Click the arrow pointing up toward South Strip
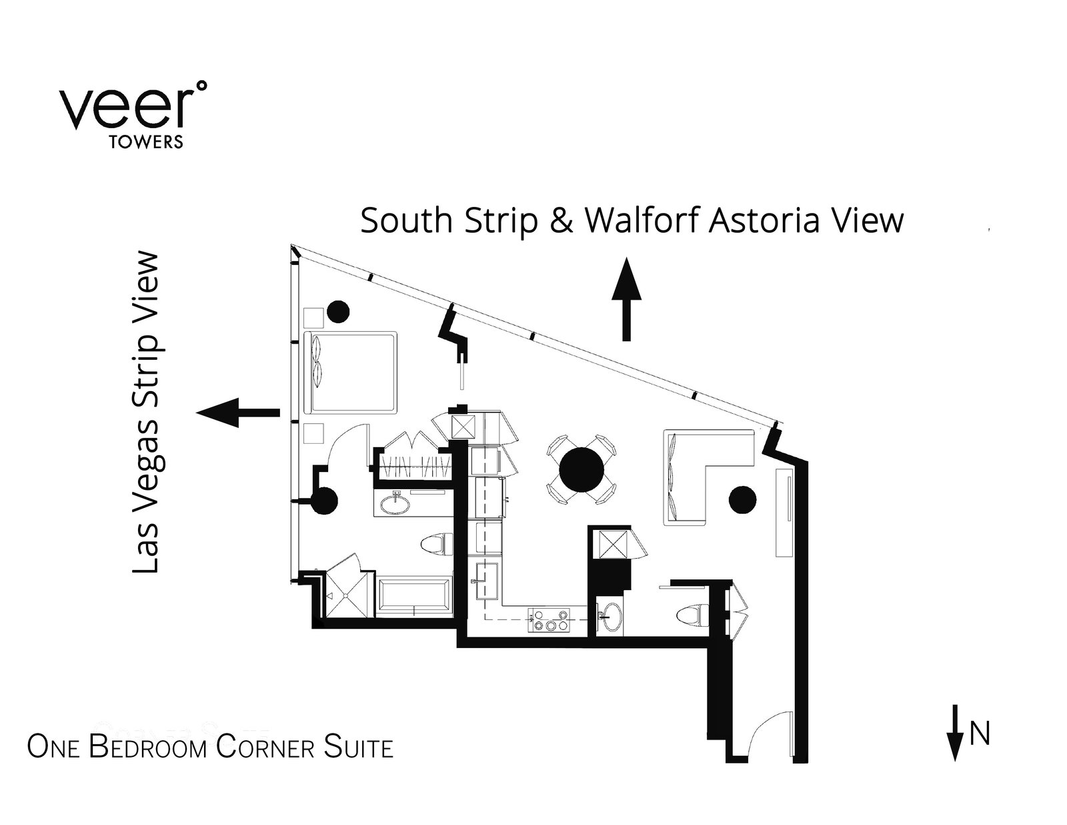tap(626, 299)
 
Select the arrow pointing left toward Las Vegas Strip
tap(238, 412)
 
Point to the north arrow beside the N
tap(955, 732)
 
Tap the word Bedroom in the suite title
tap(147, 747)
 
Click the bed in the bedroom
tap(351, 372)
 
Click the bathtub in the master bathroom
tap(415, 597)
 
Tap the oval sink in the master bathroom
tap(396, 504)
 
